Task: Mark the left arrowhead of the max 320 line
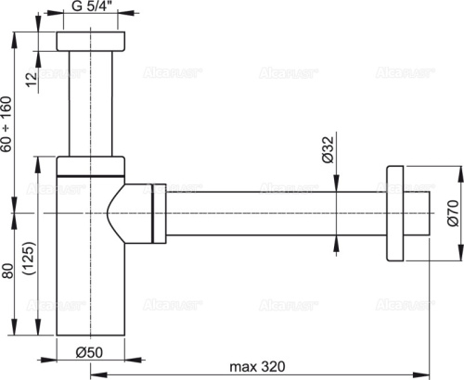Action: coord(96,374)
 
